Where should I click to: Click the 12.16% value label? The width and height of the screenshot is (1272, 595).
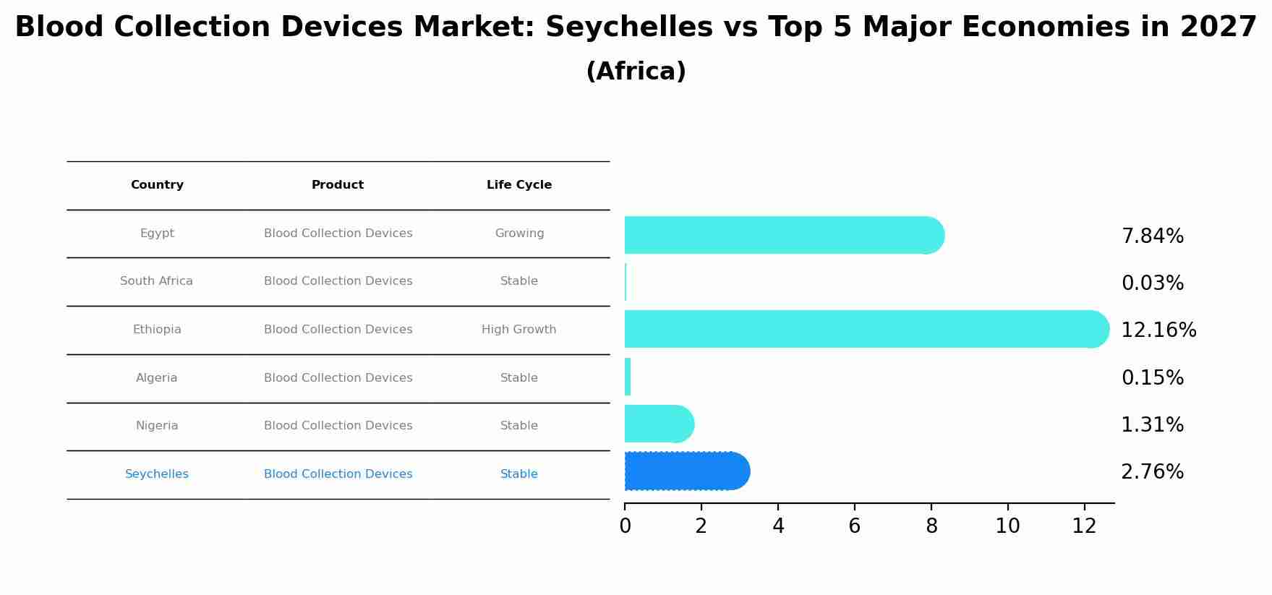(x=1158, y=330)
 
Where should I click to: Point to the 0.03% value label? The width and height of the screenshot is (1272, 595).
(x=1152, y=283)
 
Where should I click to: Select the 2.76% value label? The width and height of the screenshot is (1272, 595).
(x=1152, y=472)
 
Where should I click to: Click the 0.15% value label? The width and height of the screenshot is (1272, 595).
(x=1152, y=378)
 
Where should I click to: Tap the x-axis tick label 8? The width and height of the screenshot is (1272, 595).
(x=931, y=526)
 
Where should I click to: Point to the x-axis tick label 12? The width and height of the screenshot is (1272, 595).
(x=1084, y=526)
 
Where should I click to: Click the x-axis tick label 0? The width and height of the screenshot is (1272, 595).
(x=625, y=526)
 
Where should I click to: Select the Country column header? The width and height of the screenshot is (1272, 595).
(x=157, y=185)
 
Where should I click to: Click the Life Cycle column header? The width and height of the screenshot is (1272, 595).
(x=519, y=185)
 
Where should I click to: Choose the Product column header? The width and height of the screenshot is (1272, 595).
(x=338, y=185)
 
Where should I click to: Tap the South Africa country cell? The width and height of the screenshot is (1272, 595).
(x=156, y=281)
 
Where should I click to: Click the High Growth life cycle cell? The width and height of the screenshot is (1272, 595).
(x=518, y=330)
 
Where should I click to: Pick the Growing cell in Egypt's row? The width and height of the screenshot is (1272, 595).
(x=519, y=234)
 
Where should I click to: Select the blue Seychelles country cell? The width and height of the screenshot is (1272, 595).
(x=156, y=474)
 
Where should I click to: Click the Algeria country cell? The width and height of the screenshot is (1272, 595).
(x=156, y=378)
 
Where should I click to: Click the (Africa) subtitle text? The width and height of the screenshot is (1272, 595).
(x=636, y=72)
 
